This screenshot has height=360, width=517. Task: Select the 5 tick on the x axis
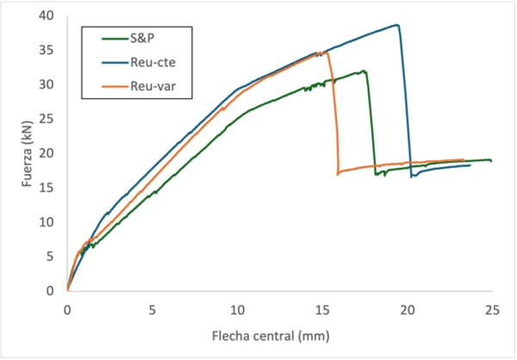pyautogui.click(x=152, y=308)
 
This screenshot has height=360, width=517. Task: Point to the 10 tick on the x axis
pyautogui.click(x=237, y=308)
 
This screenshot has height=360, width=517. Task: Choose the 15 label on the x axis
pyautogui.click(x=321, y=308)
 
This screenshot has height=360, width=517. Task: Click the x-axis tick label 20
pyautogui.click(x=407, y=308)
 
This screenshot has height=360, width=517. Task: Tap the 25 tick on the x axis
pyautogui.click(x=491, y=308)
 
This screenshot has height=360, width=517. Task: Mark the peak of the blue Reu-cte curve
pyautogui.click(x=397, y=25)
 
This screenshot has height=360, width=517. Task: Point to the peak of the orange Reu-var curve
pyautogui.click(x=327, y=52)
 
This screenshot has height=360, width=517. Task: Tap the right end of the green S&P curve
pyautogui.click(x=491, y=160)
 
